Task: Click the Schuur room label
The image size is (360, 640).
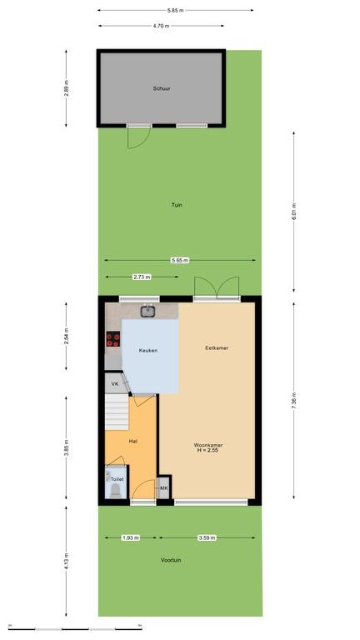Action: [x=162, y=88]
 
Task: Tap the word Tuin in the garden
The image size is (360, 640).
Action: [x=177, y=205]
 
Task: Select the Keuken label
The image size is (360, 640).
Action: [x=147, y=350]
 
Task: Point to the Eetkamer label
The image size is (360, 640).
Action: [x=217, y=348]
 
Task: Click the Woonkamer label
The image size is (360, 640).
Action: [x=208, y=445]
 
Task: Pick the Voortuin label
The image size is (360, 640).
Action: [x=171, y=560]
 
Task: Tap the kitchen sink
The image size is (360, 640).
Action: [x=147, y=312]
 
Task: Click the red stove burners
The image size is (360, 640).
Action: [x=113, y=339]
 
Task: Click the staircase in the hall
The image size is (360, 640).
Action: [x=117, y=412]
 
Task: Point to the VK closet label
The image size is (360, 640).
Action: [x=115, y=384]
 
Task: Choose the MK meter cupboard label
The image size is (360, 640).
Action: [x=163, y=488]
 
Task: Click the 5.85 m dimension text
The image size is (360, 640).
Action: [x=176, y=10]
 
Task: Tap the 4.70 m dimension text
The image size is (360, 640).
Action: [x=161, y=26]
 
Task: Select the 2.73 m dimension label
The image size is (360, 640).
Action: [x=142, y=277]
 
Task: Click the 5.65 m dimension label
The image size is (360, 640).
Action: [x=180, y=260]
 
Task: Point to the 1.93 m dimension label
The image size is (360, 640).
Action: [x=131, y=537]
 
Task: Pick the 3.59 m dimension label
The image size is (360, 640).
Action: [x=207, y=537]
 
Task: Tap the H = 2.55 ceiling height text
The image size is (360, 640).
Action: [x=208, y=450]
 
